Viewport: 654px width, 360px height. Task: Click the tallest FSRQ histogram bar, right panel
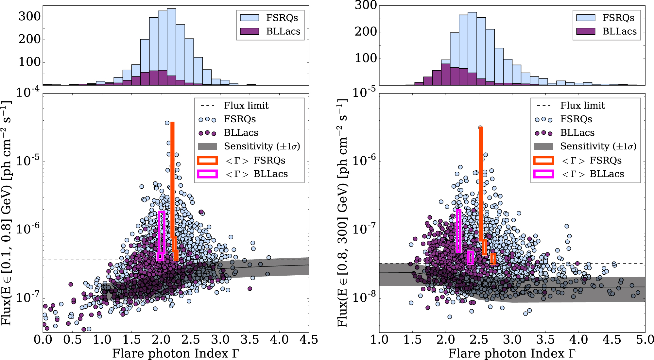tap(472, 49)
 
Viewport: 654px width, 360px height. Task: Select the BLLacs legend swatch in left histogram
tap(249, 31)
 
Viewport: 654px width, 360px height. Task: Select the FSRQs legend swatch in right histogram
tap(585, 18)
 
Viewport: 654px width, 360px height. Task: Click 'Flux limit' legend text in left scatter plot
tap(246, 106)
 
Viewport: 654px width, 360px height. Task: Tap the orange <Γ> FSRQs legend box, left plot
tap(207, 160)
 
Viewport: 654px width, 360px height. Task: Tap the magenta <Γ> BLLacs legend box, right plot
tap(543, 174)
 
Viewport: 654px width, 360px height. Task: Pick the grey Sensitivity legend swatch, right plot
tap(543, 146)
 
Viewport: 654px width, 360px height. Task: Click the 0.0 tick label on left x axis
tap(43, 340)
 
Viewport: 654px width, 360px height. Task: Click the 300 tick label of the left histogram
tap(29, 16)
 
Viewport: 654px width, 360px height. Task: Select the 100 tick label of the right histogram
tap(366, 58)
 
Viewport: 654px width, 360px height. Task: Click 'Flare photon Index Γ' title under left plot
tap(176, 353)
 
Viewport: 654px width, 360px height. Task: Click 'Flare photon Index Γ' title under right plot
tap(512, 353)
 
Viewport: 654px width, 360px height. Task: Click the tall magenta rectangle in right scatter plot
tap(459, 231)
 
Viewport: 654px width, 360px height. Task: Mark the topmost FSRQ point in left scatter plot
tap(167, 123)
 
